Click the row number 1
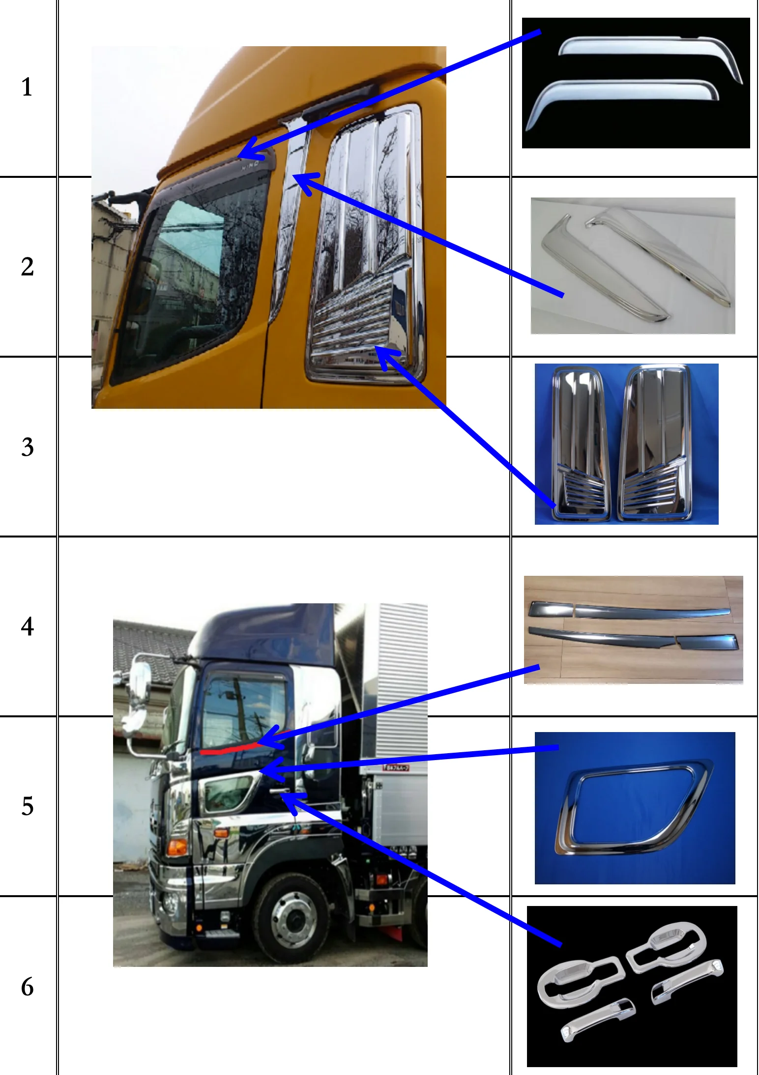point(27,87)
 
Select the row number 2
point(27,267)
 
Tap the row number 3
point(27,447)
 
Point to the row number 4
point(27,626)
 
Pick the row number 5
point(27,806)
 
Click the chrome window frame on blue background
point(634,808)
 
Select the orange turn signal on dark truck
point(177,847)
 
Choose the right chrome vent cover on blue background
point(654,442)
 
